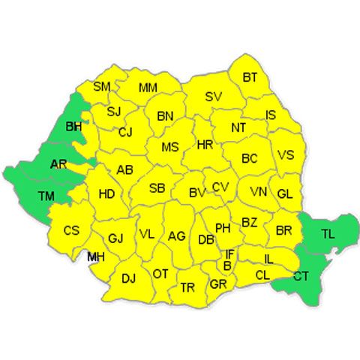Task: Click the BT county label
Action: coord(250,76)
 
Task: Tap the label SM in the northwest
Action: coord(102,87)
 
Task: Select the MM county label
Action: coord(148,88)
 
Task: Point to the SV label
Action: coord(214,97)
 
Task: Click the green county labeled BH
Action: coord(73,127)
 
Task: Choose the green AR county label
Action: coord(58,164)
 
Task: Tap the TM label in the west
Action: coord(46,196)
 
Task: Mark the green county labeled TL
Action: coord(327,233)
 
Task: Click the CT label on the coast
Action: coord(301,276)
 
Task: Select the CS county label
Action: coord(71,230)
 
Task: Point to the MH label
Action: coord(95,257)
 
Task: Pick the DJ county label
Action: coord(128,278)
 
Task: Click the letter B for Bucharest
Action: coord(227,265)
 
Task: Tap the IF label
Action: coord(229,254)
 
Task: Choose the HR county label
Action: coord(205,145)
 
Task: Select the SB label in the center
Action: coord(157,188)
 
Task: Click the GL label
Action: coord(284,193)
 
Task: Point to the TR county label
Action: coord(188,287)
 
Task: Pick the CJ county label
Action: coord(125,132)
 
